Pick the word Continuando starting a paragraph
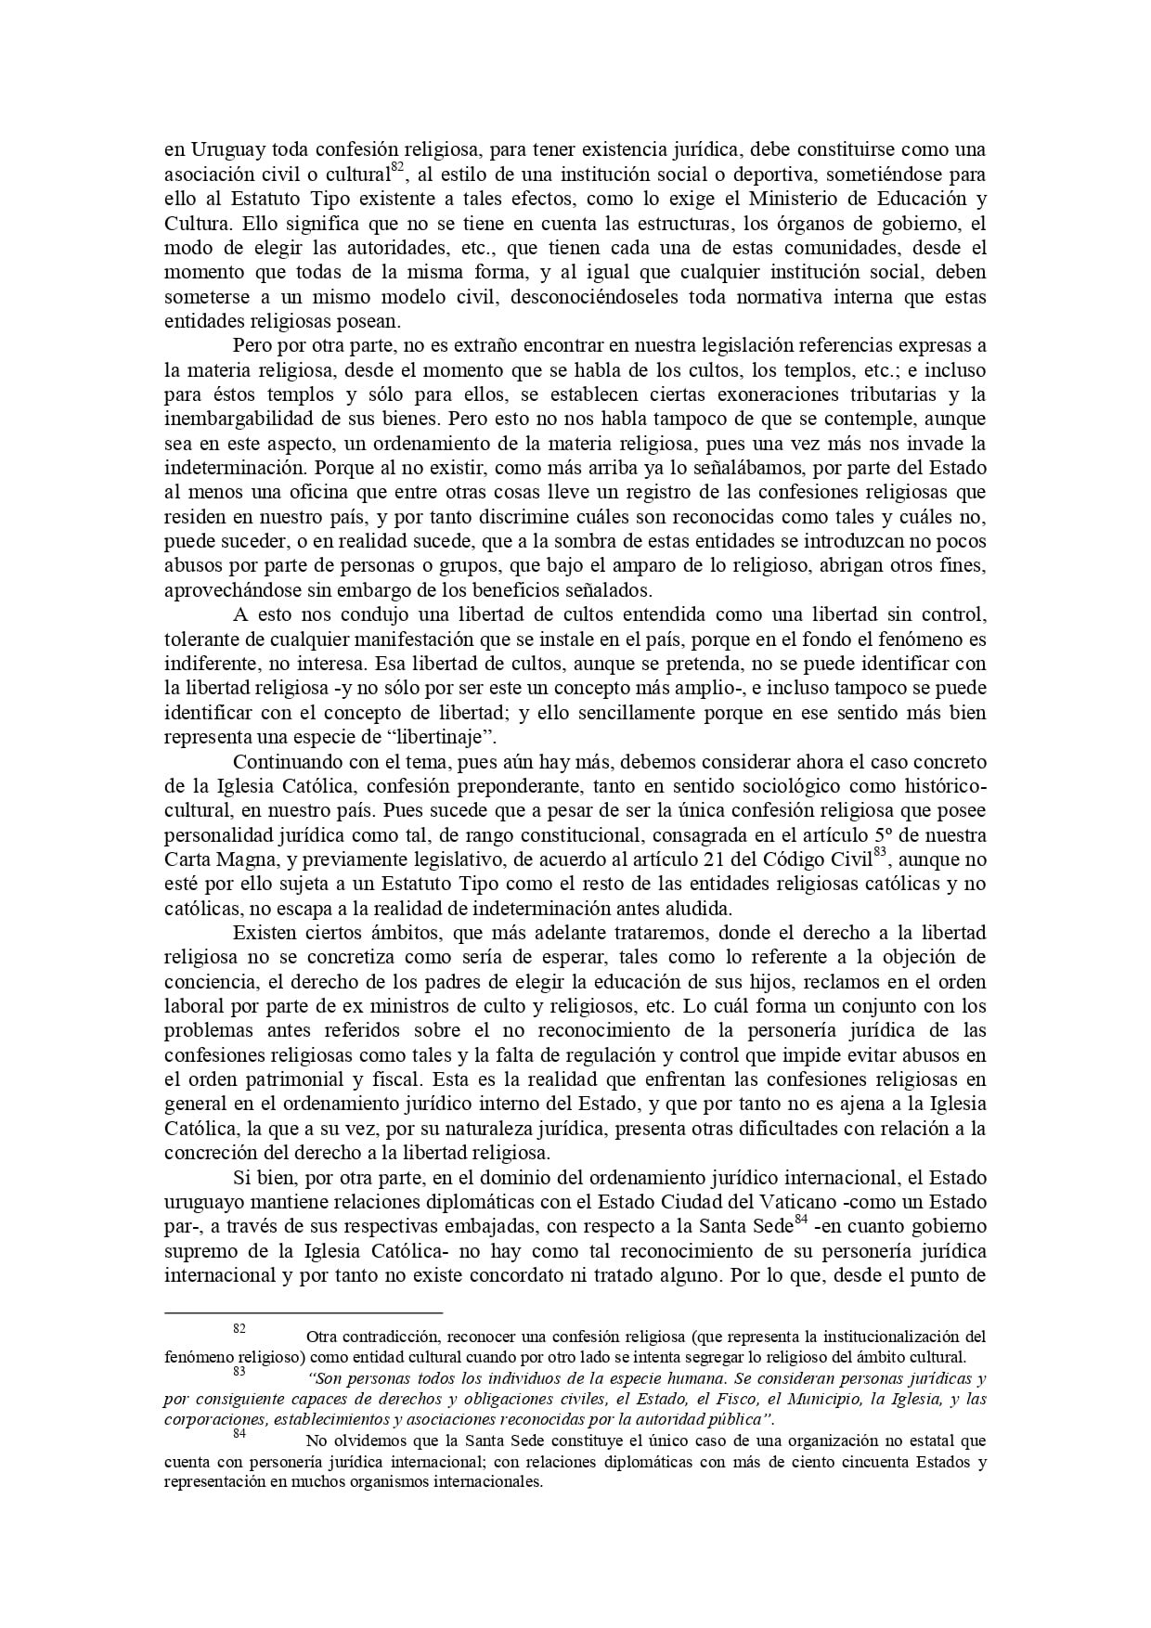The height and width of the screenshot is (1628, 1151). (x=290, y=763)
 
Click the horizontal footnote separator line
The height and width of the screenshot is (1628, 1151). (x=303, y=1313)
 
